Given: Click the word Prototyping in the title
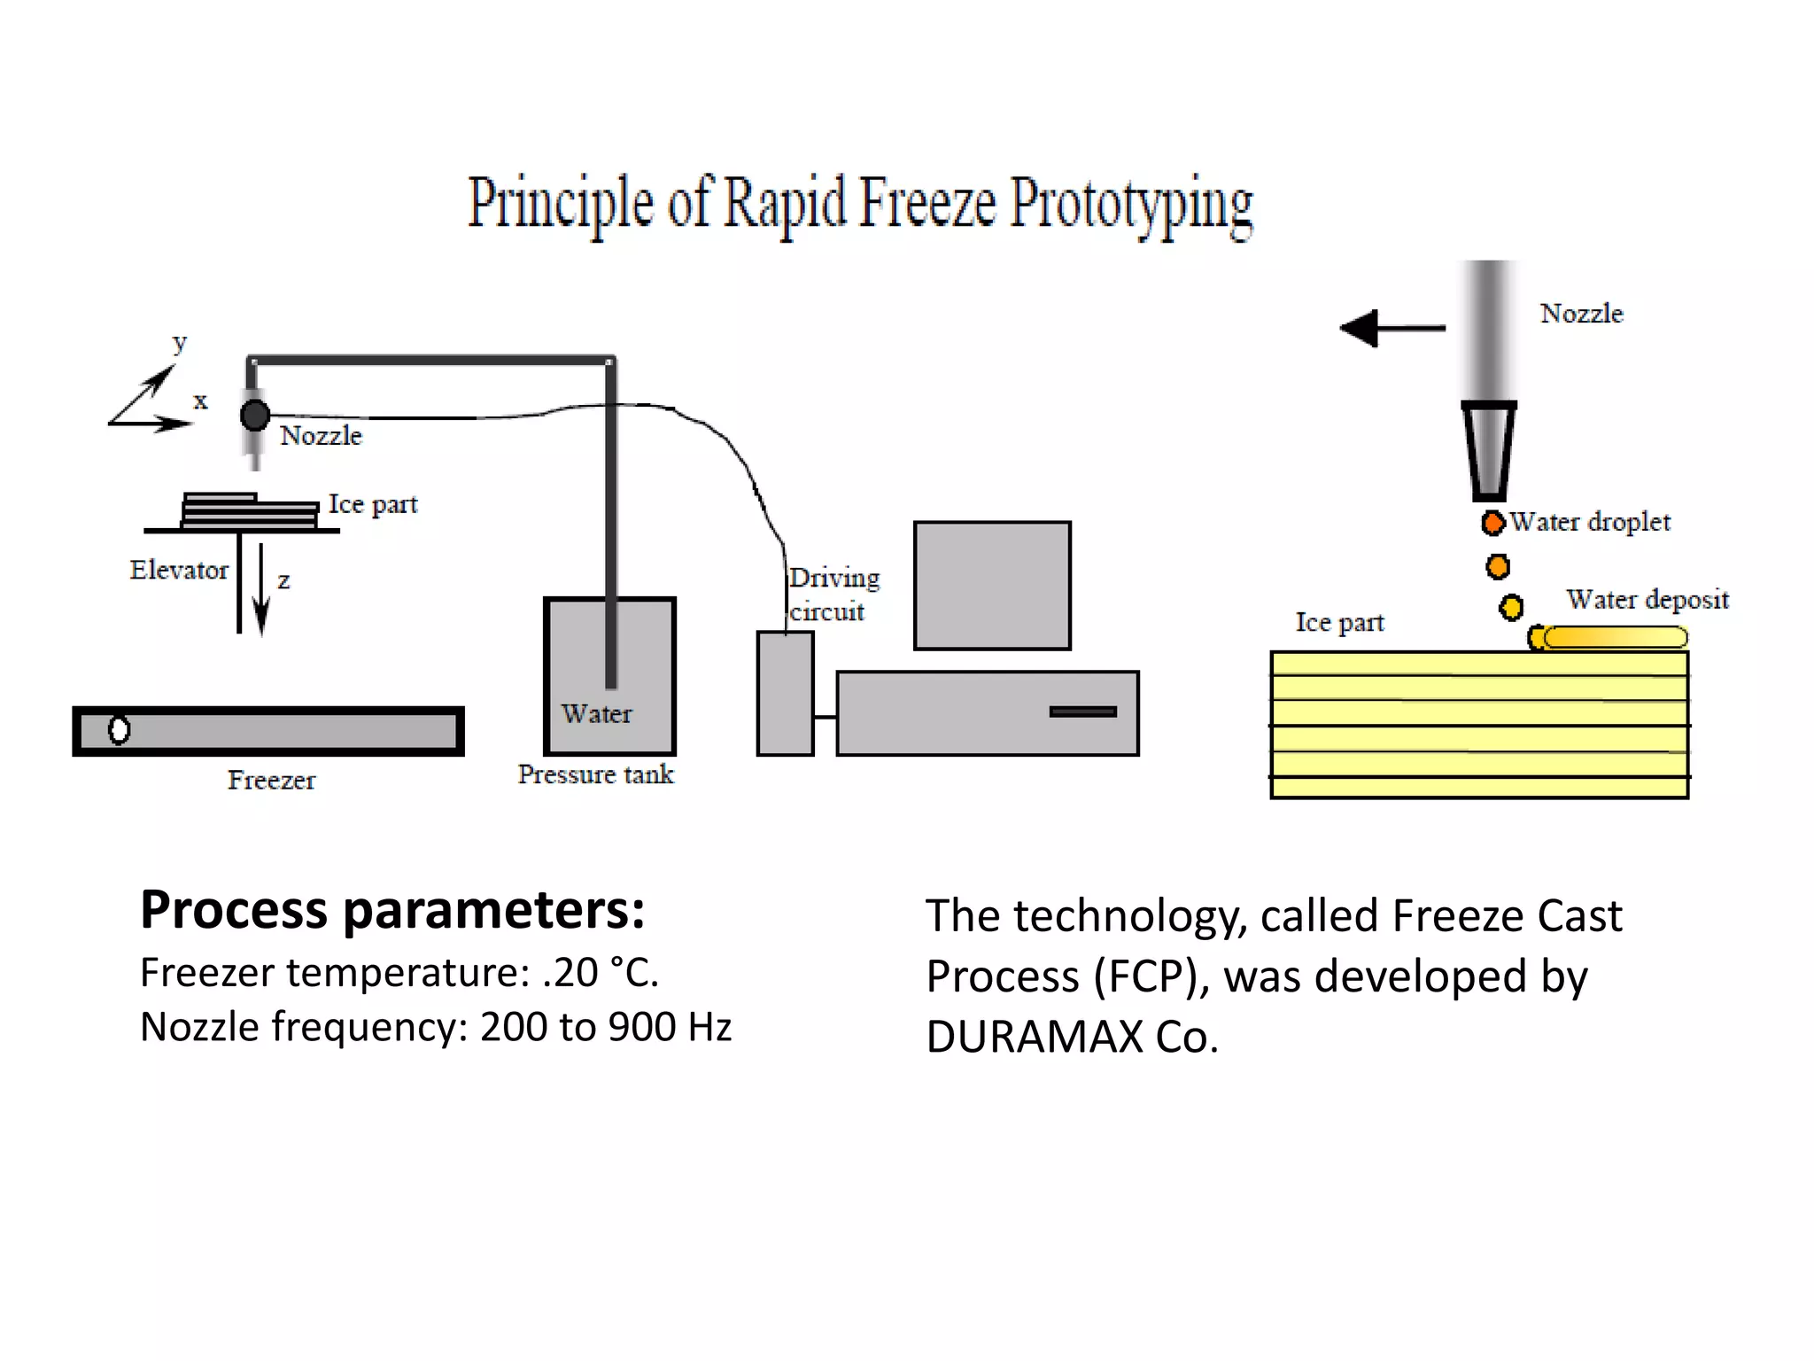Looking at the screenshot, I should [x=1131, y=204].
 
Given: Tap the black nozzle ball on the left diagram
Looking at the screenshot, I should [x=255, y=415].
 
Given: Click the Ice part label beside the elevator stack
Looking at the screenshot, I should [x=373, y=504].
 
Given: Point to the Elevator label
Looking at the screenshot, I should [x=179, y=570].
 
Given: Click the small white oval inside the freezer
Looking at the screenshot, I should [x=119, y=729].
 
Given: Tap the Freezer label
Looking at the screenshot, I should [x=271, y=780].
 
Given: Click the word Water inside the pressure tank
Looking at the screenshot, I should [x=596, y=713].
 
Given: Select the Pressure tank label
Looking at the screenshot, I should [x=595, y=774].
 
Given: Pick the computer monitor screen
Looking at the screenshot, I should [x=992, y=586].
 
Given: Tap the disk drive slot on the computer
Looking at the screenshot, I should [x=1082, y=712].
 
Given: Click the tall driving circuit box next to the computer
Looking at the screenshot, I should [x=785, y=693].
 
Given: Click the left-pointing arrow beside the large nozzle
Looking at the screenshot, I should [x=1392, y=329].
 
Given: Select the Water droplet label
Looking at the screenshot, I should [x=1590, y=522].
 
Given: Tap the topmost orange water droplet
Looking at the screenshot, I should [x=1492, y=523].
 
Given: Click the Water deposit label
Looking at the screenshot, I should [x=1647, y=600].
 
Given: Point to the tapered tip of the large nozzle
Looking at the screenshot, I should [x=1488, y=452].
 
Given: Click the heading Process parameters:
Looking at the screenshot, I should [x=392, y=910].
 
